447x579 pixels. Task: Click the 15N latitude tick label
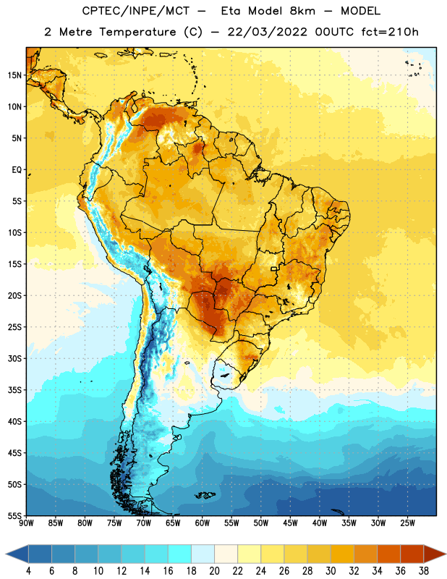(x=14, y=75)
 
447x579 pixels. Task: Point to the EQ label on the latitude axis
(x=17, y=170)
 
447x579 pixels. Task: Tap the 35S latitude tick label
(x=14, y=390)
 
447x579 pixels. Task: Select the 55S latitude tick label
(x=14, y=516)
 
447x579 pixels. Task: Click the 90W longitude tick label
(x=26, y=523)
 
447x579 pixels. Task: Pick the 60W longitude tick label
(x=203, y=523)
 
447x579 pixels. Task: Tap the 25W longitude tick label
(x=407, y=523)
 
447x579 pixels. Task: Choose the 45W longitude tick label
(x=290, y=523)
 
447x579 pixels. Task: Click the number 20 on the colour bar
(x=214, y=571)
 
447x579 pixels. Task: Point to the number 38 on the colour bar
(x=424, y=571)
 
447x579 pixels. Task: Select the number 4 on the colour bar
(x=28, y=571)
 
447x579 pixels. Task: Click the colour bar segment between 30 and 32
(x=342, y=554)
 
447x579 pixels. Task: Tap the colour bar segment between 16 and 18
(x=179, y=554)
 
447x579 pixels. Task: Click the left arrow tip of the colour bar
(x=6, y=554)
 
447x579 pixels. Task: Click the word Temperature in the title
(x=137, y=32)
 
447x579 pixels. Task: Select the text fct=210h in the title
(x=389, y=32)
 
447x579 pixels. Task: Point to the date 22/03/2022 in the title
(x=267, y=32)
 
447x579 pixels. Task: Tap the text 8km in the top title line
(x=302, y=11)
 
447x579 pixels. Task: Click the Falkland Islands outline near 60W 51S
(x=205, y=495)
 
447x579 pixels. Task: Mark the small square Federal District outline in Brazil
(x=274, y=269)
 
